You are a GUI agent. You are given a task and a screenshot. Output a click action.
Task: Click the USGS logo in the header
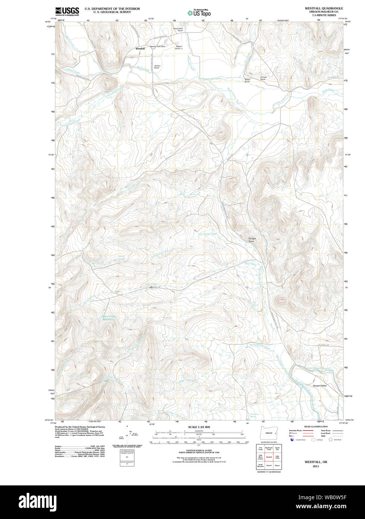(x=67, y=11)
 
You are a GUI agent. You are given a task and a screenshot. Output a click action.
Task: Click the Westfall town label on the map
(x=140, y=49)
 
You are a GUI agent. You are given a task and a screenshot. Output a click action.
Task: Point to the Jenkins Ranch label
(x=157, y=67)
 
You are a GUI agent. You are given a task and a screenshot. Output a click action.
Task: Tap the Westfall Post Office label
(x=158, y=47)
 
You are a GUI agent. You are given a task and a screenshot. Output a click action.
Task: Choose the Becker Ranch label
(x=247, y=80)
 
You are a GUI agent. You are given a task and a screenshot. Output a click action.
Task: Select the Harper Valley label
(x=319, y=385)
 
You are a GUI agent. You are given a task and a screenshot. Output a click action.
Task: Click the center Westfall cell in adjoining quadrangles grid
(x=269, y=457)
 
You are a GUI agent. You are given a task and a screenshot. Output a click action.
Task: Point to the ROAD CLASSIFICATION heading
(x=316, y=426)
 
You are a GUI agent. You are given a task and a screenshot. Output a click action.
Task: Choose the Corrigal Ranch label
(x=263, y=78)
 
